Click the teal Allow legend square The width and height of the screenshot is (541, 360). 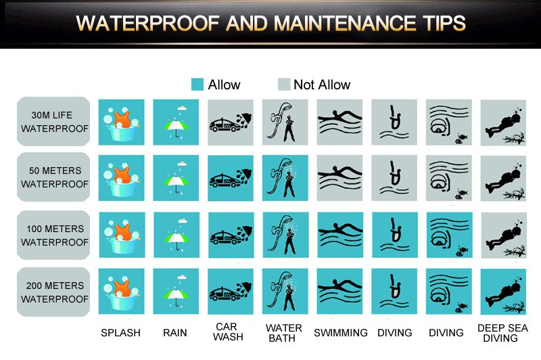(197, 85)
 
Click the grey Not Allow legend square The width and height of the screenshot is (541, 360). (284, 85)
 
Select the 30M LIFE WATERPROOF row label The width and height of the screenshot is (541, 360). (53, 122)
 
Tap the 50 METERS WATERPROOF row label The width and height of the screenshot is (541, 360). (53, 177)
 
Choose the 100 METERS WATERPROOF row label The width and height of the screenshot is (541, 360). (53, 235)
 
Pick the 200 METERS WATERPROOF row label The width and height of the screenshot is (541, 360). (53, 292)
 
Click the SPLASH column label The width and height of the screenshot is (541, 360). (121, 333)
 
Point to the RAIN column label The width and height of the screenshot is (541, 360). (175, 333)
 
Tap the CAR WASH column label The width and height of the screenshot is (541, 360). (228, 332)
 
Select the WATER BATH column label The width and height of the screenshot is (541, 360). (283, 333)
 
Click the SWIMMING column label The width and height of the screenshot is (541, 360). (341, 333)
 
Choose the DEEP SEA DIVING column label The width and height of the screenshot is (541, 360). (502, 333)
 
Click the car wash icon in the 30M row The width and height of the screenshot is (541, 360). (231, 122)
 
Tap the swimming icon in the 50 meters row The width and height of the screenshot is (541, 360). (339, 178)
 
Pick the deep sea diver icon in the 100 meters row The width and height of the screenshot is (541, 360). (504, 235)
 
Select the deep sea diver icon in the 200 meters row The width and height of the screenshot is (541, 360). (503, 292)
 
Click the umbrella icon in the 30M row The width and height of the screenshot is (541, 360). (176, 122)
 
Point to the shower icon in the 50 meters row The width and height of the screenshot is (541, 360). (285, 178)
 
